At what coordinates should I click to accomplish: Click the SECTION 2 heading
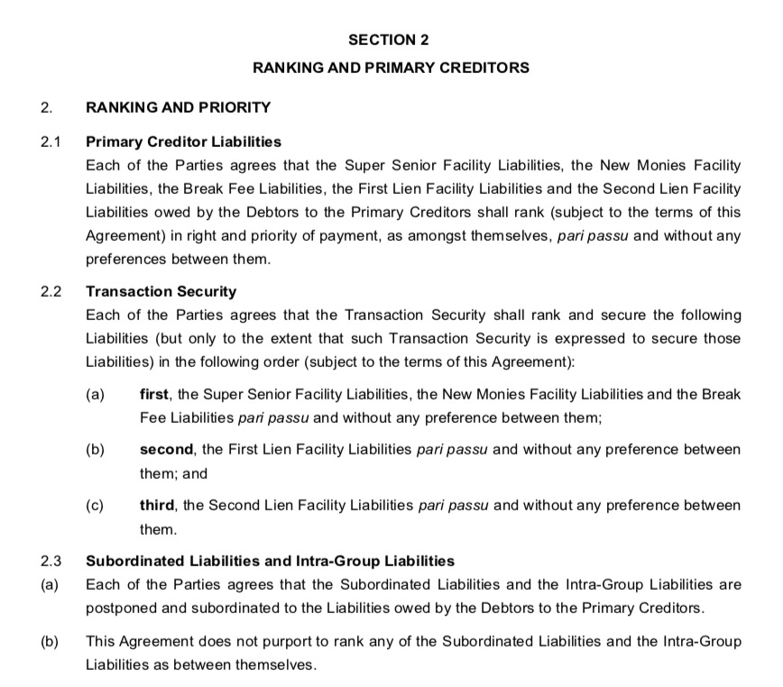pyautogui.click(x=390, y=40)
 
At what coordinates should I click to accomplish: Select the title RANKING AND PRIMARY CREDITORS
pyautogui.click(x=390, y=68)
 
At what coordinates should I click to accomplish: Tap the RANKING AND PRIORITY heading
pyautogui.click(x=178, y=107)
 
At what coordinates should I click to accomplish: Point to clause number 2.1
pyautogui.click(x=50, y=142)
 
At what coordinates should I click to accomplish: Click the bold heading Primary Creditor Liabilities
pyautogui.click(x=183, y=142)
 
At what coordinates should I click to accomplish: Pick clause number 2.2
pyautogui.click(x=50, y=291)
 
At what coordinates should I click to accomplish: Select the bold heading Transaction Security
pyautogui.click(x=161, y=291)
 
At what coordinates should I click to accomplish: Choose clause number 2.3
pyautogui.click(x=50, y=561)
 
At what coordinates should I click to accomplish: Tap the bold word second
pyautogui.click(x=165, y=449)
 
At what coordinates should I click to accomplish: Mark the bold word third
pyautogui.click(x=156, y=505)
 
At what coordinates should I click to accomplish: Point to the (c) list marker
pyautogui.click(x=95, y=505)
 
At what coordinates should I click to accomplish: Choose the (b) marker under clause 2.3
pyautogui.click(x=50, y=641)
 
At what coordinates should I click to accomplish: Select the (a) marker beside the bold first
pyautogui.click(x=95, y=394)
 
